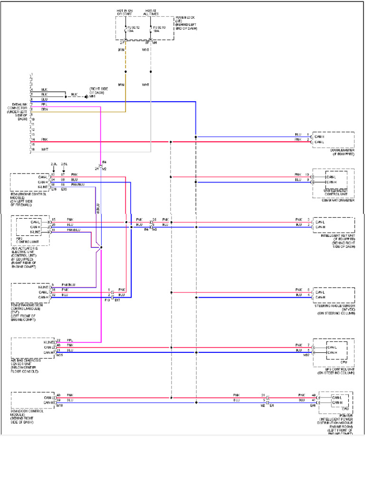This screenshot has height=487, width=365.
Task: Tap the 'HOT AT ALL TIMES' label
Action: tap(151, 12)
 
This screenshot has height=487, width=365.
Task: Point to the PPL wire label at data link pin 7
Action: tap(44, 104)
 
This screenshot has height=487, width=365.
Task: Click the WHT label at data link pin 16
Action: tap(45, 150)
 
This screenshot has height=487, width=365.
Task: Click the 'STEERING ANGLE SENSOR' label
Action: tap(335, 306)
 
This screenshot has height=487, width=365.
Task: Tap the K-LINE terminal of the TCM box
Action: tap(44, 287)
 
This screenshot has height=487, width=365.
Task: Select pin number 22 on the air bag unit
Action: tap(58, 341)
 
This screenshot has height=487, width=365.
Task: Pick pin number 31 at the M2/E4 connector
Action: tap(262, 395)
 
